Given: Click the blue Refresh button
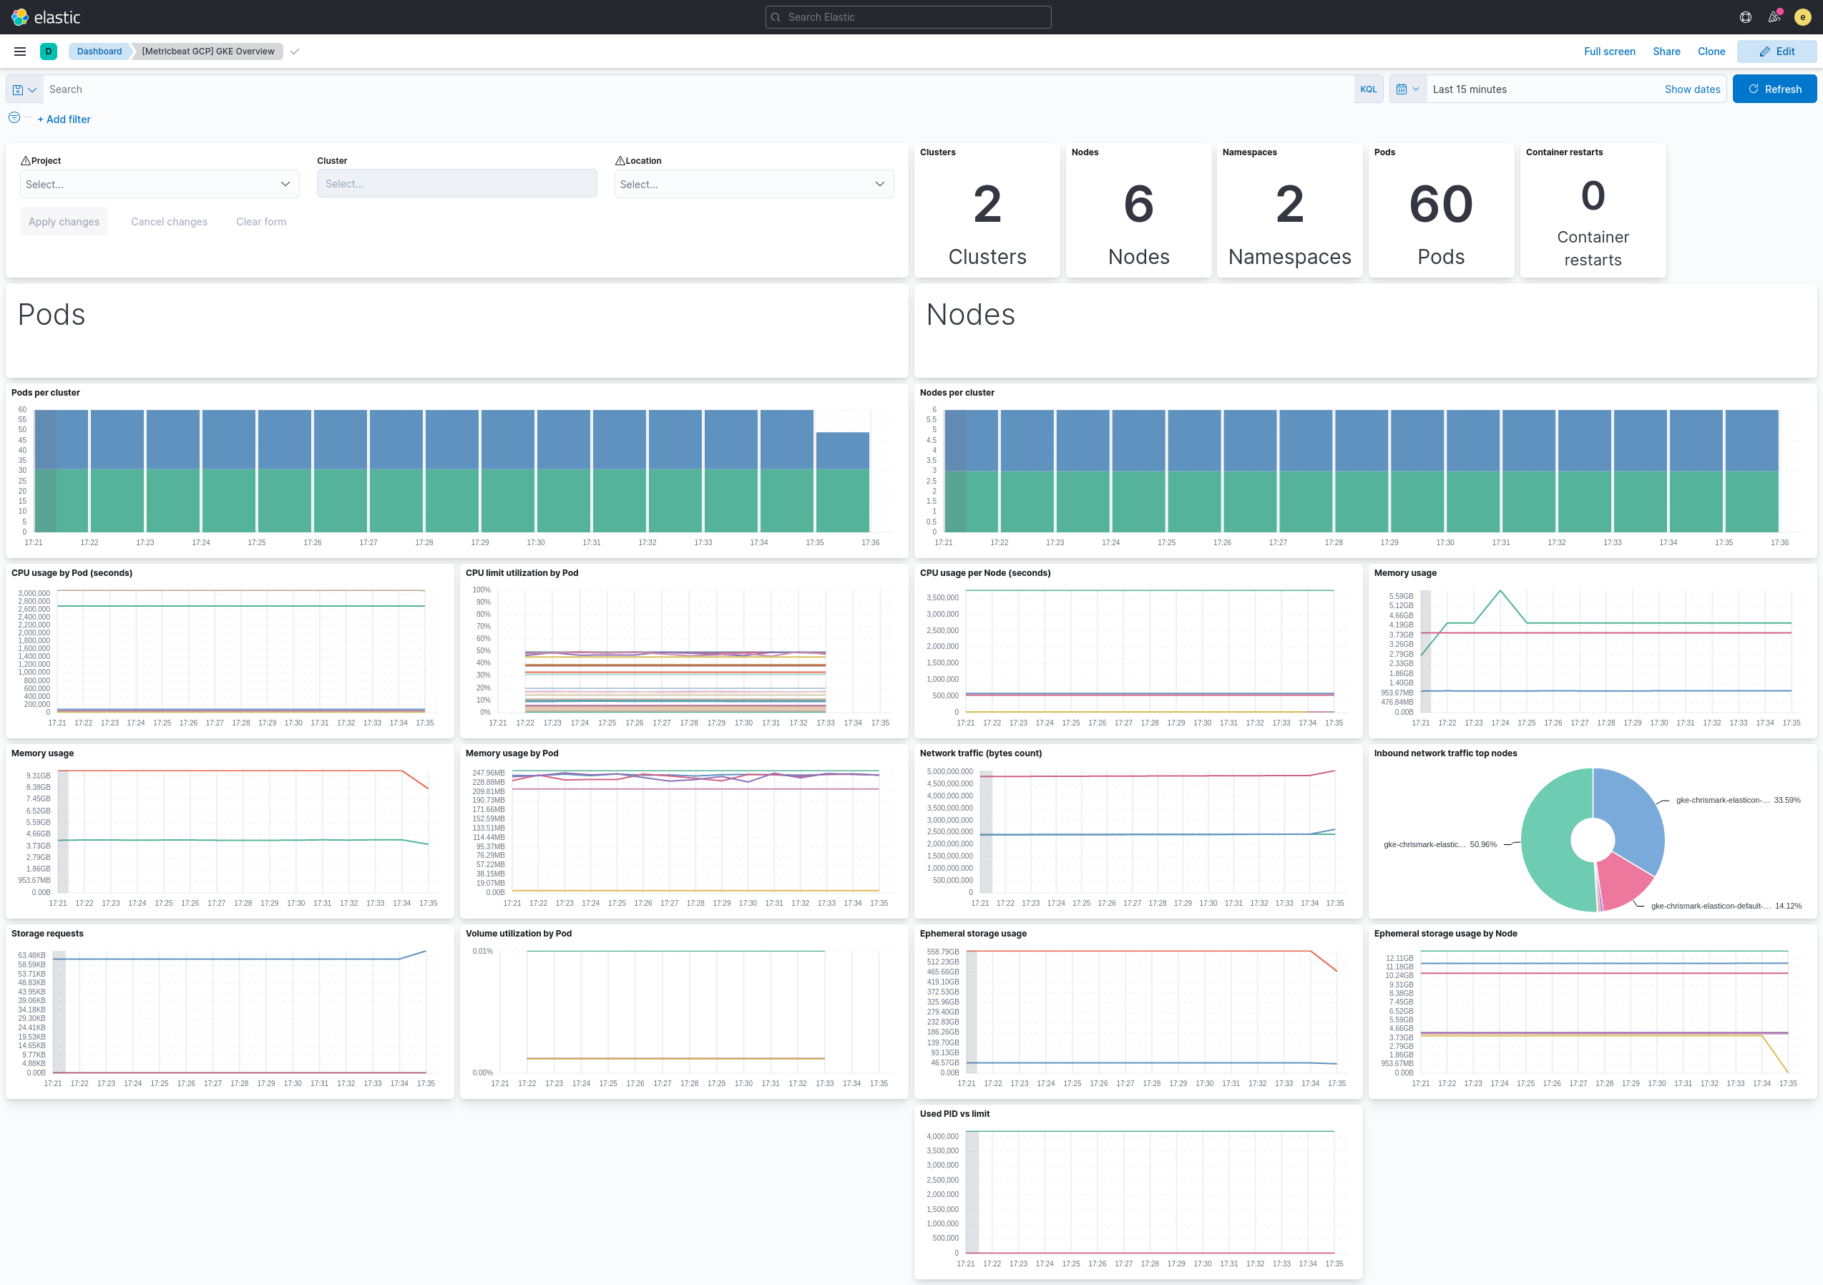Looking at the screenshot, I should (x=1774, y=89).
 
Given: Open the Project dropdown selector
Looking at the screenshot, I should (x=159, y=185).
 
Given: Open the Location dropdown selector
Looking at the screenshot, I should (x=753, y=185).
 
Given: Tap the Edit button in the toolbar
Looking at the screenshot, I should (x=1776, y=52).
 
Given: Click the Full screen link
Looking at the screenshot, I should (x=1608, y=52).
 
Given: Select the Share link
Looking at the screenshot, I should (x=1666, y=52).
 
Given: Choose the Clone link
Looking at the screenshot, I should (x=1711, y=52).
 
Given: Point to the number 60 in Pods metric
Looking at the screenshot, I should (x=1440, y=204).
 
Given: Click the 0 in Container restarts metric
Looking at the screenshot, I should (x=1592, y=196).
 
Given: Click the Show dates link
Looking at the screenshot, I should (x=1692, y=89).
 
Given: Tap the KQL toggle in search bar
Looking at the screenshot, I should (x=1368, y=89).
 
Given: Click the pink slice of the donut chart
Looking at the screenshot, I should (x=1623, y=880).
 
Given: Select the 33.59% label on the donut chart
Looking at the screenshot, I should (x=1787, y=800).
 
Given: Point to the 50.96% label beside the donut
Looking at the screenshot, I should (x=1482, y=844).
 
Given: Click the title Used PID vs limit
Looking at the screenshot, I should (x=954, y=1113).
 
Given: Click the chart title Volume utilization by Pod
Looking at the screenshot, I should (x=518, y=933).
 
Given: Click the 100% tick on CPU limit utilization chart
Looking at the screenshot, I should (x=482, y=590).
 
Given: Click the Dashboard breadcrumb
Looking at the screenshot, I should (x=99, y=52).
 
